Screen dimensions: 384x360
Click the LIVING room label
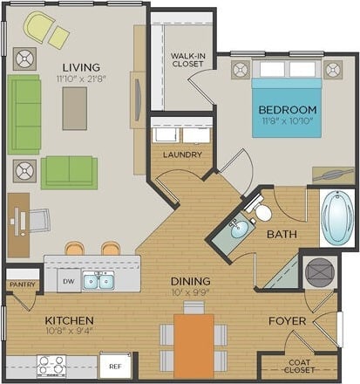tap(80, 67)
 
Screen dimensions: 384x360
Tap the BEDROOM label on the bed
tap(288, 110)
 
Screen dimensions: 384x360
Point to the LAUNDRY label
tap(182, 154)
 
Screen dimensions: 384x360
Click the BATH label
tap(282, 234)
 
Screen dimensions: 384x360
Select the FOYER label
tap(287, 321)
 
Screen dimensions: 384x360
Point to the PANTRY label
tap(19, 284)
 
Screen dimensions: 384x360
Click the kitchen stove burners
tap(51, 365)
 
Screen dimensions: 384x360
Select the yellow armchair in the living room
tap(40, 29)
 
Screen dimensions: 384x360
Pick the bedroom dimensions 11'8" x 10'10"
tap(288, 122)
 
